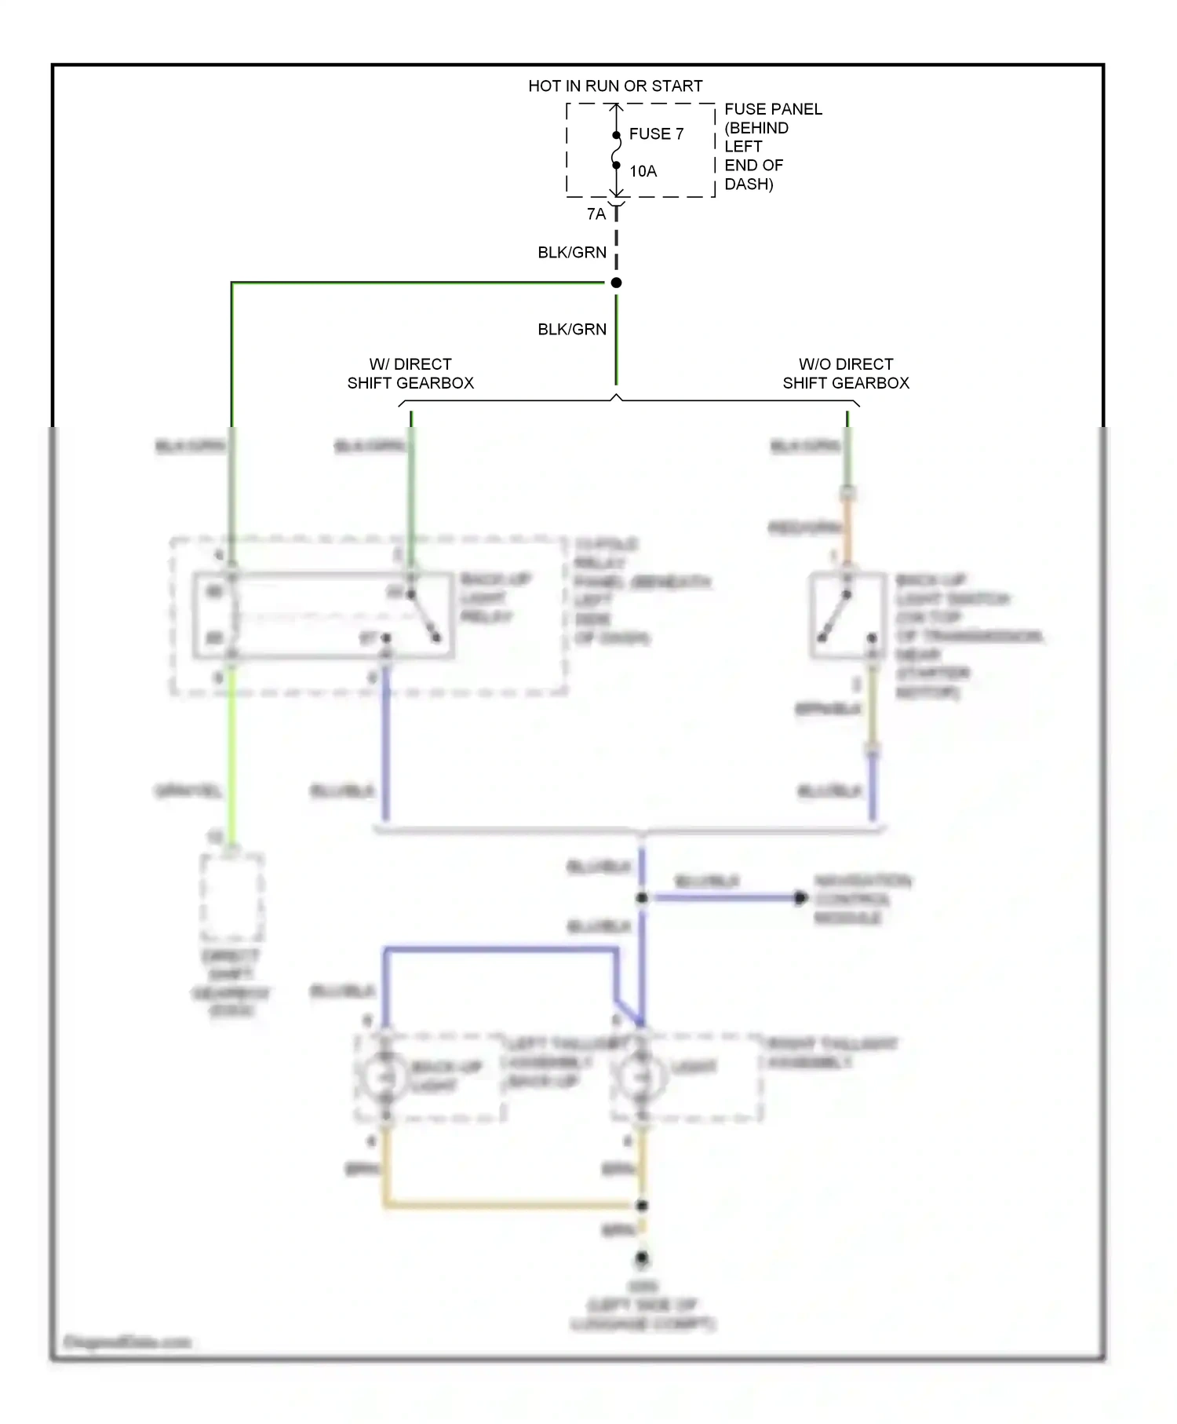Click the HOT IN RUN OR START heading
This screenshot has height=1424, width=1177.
click(615, 86)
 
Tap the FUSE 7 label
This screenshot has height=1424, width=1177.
click(656, 134)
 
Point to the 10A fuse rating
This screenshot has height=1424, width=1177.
click(643, 171)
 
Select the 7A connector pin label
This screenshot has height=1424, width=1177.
click(596, 214)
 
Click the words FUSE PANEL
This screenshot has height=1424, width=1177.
click(773, 109)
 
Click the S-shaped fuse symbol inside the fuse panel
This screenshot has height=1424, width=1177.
click(617, 150)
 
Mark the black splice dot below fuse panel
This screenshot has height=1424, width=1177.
click(617, 283)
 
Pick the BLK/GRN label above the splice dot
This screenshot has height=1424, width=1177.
click(572, 252)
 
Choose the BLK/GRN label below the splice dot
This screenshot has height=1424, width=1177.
click(572, 329)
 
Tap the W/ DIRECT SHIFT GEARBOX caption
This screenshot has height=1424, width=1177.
click(410, 374)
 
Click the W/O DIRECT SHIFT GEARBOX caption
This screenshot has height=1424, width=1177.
click(846, 374)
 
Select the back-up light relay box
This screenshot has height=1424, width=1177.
click(323, 615)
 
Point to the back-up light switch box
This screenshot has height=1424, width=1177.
click(847, 615)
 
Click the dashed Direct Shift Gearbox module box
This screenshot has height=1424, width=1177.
click(232, 896)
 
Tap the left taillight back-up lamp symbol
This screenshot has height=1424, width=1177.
click(384, 1077)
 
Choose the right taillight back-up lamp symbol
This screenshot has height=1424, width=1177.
click(642, 1077)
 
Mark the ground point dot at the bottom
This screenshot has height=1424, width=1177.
click(642, 1258)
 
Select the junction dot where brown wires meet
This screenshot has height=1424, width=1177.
click(642, 1205)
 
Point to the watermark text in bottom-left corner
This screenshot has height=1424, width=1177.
click(127, 1342)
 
